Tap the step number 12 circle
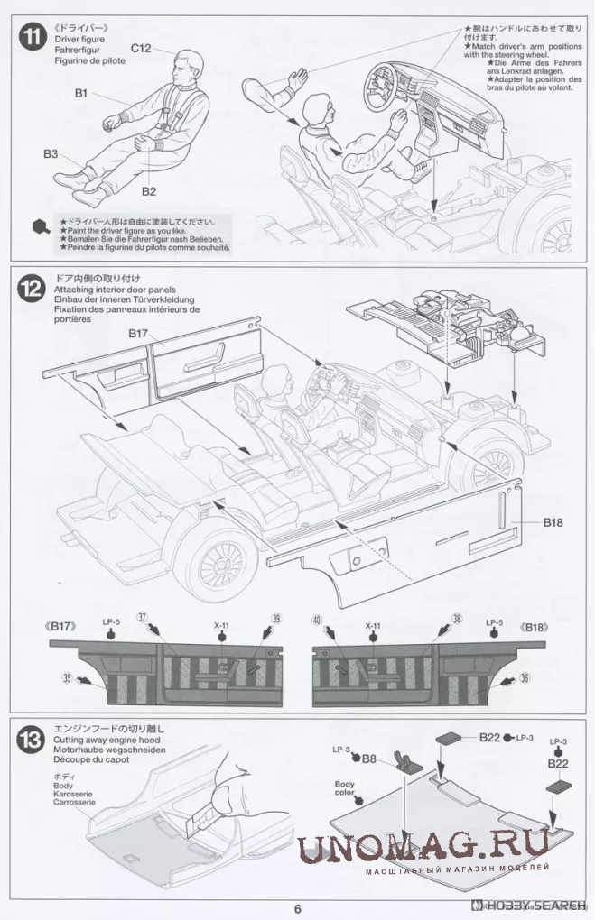tap(33, 290)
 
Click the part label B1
tap(80, 93)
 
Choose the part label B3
tap(51, 154)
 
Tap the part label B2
tap(149, 191)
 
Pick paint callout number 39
tap(277, 618)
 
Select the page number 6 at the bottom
tap(297, 908)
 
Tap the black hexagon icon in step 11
tap(41, 226)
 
